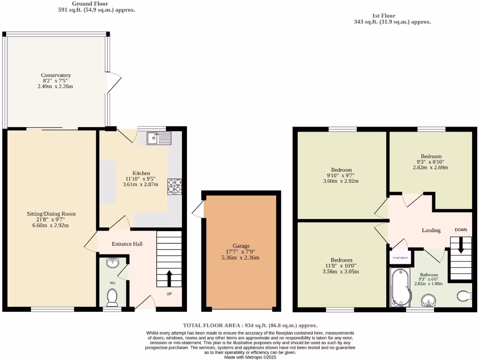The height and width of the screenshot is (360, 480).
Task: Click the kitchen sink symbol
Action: [159, 138]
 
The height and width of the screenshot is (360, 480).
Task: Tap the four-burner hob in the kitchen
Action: [174, 187]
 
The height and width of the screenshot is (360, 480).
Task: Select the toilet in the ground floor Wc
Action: [112, 296]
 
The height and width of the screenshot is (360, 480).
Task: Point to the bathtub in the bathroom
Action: [400, 287]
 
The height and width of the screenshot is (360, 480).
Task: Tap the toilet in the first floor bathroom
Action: [464, 295]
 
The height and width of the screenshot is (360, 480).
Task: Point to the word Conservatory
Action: [56, 75]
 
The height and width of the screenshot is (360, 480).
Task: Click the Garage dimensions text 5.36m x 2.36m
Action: [241, 258]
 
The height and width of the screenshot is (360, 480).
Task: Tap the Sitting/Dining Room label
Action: [51, 214]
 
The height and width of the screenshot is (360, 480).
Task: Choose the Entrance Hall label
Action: [127, 244]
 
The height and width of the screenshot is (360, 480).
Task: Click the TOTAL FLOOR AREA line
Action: [249, 325]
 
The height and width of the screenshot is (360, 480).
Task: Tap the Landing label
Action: [431, 230]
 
